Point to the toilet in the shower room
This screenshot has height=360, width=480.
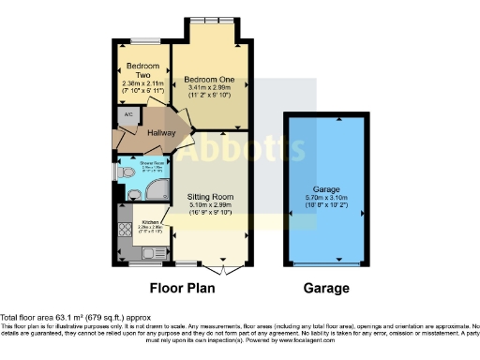pos(126,173)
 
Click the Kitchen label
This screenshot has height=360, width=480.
pos(151,221)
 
